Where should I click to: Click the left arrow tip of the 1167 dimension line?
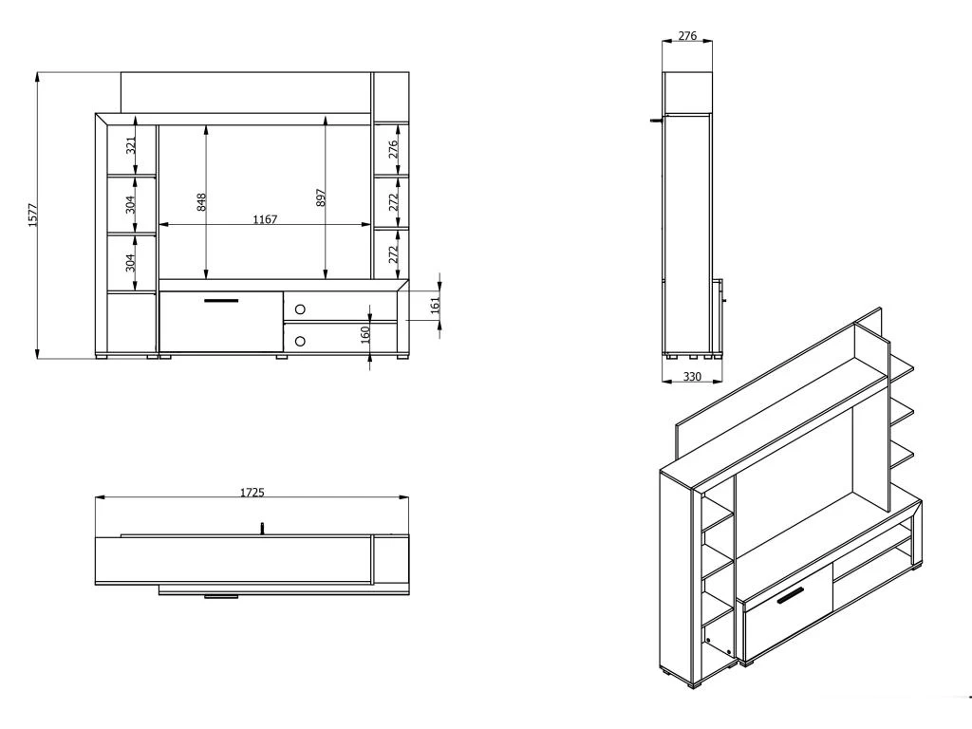coord(159,224)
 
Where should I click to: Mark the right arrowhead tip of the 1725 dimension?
coord(409,497)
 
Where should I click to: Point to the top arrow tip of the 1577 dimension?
coord(38,72)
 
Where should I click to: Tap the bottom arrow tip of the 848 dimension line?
coord(205,279)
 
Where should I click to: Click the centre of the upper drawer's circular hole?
coord(301,308)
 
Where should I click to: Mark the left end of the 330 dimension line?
coord(662,382)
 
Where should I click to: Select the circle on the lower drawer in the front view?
coord(301,341)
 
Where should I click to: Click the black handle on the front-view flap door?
coord(220,301)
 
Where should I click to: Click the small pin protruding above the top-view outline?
coord(262,528)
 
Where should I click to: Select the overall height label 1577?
coord(33,215)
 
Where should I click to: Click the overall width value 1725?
coord(252,493)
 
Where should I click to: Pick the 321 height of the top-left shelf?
coord(130,146)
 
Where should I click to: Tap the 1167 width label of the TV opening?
coord(265,219)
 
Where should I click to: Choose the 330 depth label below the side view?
coord(692,376)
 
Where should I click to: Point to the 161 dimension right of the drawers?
coord(435,305)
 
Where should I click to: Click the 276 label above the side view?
coord(687,36)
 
